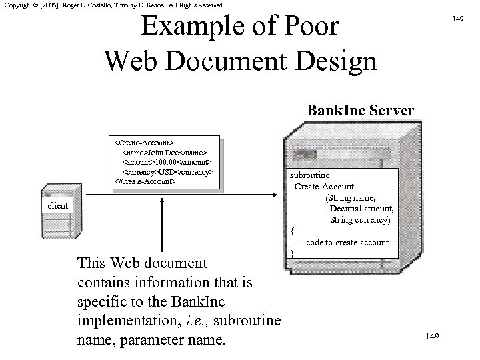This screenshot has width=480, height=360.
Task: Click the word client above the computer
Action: (58, 205)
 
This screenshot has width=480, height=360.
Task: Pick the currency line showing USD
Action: (167, 171)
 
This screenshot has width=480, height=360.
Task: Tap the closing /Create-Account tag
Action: (145, 181)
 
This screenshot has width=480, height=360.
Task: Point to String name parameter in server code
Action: (351, 198)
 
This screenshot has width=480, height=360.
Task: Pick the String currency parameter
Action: (360, 219)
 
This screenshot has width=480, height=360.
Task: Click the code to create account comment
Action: (347, 242)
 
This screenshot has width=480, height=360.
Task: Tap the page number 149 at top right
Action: (457, 19)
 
